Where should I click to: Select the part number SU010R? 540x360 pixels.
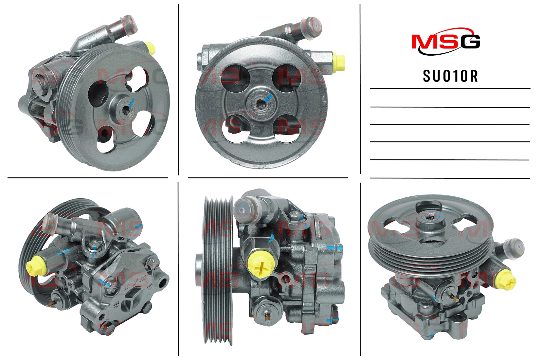coord(450,76)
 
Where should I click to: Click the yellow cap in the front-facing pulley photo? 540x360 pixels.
coord(339,64)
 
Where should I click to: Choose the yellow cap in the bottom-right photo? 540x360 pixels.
coord(507,280)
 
